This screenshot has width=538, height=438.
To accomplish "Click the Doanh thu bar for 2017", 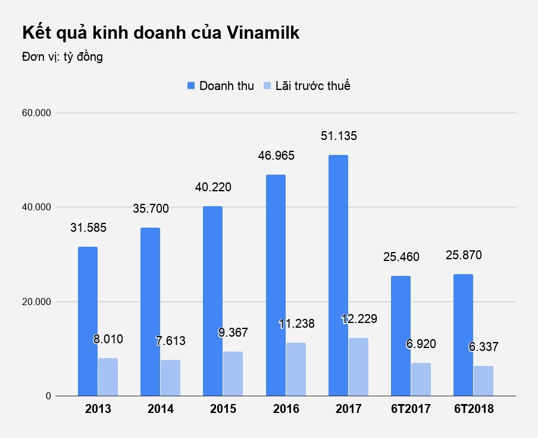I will [338, 275].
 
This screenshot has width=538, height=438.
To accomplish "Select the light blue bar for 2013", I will [108, 377].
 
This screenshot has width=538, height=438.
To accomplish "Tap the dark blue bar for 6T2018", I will [463, 335].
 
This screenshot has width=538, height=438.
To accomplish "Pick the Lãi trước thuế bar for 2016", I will [296, 369].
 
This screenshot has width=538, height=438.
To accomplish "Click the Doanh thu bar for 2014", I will [150, 312].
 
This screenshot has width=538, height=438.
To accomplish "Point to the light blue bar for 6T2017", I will [421, 379].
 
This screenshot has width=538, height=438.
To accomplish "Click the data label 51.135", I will [338, 136].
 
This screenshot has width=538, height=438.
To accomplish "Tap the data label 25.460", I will [401, 257].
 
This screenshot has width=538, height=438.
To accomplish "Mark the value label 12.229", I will [359, 319].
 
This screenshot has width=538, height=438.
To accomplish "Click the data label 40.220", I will [213, 187].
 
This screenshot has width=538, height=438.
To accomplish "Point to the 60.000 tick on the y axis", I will [36, 113].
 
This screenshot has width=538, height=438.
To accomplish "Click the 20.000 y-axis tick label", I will [36, 302].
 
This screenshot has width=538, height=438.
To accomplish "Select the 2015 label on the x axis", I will [223, 409].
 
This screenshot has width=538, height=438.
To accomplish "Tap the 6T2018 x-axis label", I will [473, 409].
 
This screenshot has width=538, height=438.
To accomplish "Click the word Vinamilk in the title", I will [263, 33].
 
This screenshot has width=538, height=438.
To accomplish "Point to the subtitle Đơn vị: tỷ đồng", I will [62, 57].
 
